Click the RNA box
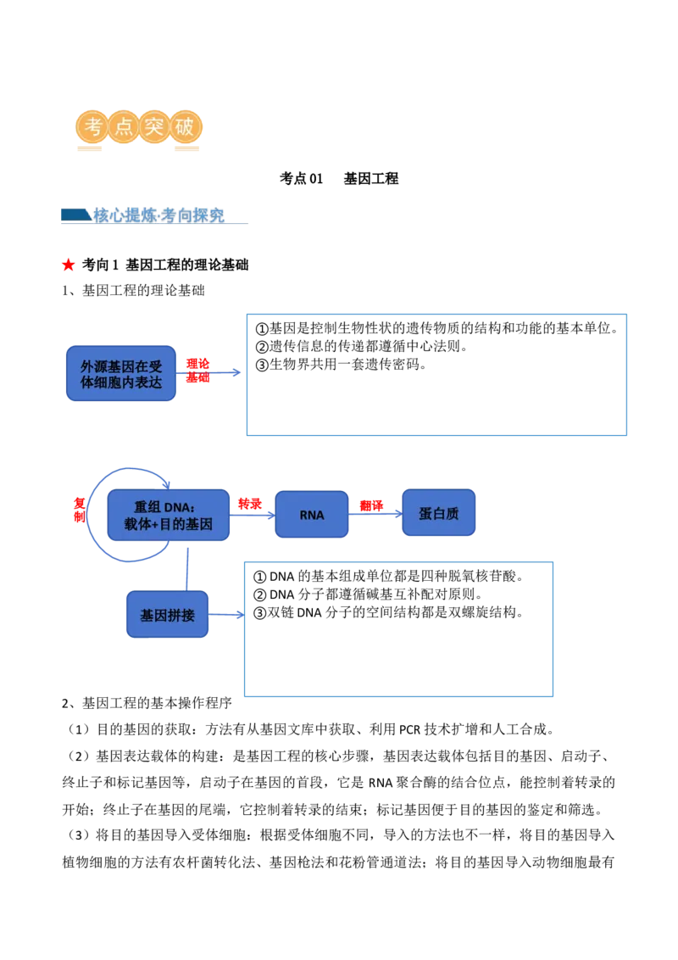(x=311, y=515)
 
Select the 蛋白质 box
(x=438, y=513)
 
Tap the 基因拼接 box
(x=167, y=615)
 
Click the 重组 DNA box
(x=168, y=515)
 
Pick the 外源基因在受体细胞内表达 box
(x=121, y=374)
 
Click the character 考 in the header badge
(x=92, y=127)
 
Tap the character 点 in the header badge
(x=124, y=127)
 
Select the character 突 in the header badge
(x=155, y=127)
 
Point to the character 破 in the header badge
(x=186, y=127)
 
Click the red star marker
(x=68, y=264)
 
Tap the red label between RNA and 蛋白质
(x=371, y=505)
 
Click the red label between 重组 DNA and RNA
(x=249, y=504)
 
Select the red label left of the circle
(x=79, y=510)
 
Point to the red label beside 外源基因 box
(x=197, y=370)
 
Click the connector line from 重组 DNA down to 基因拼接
(x=186, y=567)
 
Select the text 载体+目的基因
(x=168, y=525)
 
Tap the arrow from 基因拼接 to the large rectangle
(x=227, y=615)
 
